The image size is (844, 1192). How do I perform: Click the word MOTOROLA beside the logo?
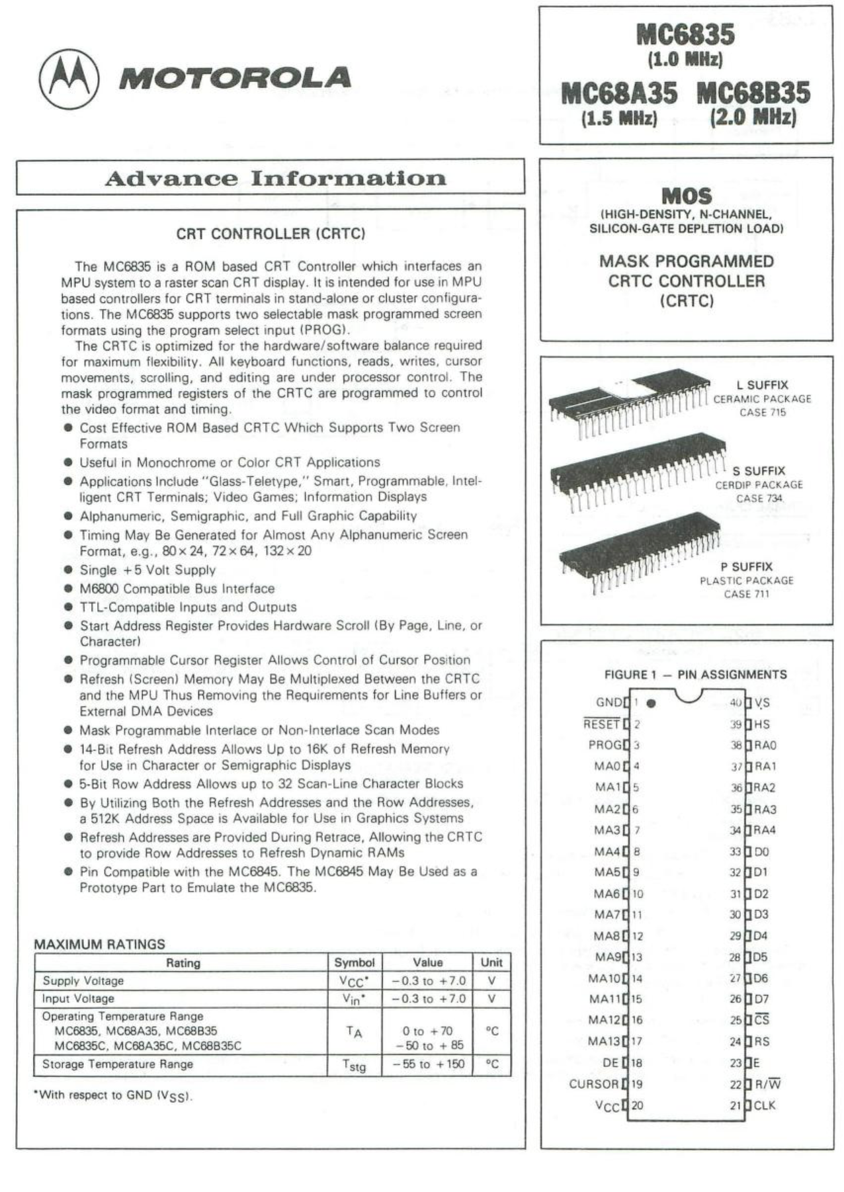tap(235, 78)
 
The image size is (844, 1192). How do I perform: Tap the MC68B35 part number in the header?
tap(753, 93)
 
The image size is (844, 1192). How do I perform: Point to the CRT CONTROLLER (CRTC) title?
tap(271, 234)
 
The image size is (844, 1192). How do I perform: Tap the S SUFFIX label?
tap(759, 471)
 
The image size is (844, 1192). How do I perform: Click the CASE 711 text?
tap(746, 594)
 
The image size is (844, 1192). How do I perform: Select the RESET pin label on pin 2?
tap(601, 724)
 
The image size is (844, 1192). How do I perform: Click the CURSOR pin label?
tap(593, 1084)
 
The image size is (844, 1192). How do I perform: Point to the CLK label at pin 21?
tap(765, 1105)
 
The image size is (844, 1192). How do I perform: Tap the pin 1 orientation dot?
tap(651, 704)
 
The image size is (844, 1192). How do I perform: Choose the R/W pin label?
tap(768, 1084)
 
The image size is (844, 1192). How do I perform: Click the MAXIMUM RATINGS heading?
tap(100, 944)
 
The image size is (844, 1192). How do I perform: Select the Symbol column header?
tap(354, 962)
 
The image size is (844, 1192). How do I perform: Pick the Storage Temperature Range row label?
tap(118, 1064)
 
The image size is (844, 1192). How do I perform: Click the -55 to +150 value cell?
tap(429, 1064)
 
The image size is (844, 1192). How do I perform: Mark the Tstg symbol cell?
tap(354, 1065)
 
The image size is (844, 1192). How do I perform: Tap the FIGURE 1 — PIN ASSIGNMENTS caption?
tap(695, 675)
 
